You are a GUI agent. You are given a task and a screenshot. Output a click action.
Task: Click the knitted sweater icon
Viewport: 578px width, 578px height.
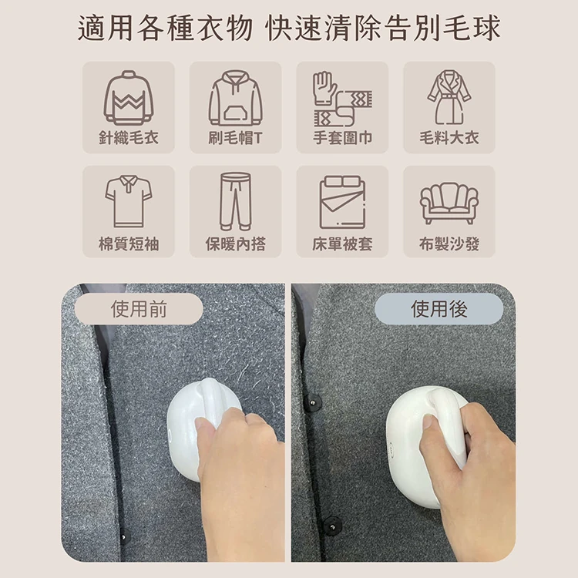(128, 98)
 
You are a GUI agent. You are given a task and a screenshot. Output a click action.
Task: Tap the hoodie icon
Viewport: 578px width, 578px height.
(236, 98)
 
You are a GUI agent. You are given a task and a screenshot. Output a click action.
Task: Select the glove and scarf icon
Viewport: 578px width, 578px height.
(342, 99)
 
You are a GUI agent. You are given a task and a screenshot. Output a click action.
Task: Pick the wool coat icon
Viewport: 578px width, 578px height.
(449, 97)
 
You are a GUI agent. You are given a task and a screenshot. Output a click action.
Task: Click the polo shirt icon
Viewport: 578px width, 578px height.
(129, 201)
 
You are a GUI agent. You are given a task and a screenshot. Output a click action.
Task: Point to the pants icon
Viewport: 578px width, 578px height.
(236, 201)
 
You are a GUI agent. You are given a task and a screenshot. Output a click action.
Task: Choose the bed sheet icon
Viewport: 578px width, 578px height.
(342, 202)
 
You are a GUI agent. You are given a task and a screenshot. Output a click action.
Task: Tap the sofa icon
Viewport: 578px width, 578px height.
(449, 203)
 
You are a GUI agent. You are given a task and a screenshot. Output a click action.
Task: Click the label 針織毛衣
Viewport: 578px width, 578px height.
(129, 138)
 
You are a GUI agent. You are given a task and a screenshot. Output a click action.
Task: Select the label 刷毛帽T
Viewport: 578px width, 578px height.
(236, 138)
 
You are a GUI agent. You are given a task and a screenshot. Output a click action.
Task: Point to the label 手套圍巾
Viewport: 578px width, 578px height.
(342, 138)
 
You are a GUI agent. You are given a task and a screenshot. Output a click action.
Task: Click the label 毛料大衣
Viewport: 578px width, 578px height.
(449, 138)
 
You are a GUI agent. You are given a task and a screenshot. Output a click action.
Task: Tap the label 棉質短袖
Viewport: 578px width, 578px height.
(129, 244)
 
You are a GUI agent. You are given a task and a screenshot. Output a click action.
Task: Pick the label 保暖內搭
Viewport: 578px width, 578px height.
(236, 244)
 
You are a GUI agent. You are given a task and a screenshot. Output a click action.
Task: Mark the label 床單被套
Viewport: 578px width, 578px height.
(342, 244)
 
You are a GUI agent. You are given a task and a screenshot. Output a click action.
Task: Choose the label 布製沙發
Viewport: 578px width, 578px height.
(449, 244)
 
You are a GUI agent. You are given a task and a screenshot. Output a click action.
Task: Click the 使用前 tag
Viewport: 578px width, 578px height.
(139, 309)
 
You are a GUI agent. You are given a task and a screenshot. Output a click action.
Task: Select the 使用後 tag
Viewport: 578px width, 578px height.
(439, 309)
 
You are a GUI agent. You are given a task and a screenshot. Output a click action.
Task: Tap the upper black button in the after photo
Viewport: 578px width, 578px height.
(314, 402)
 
